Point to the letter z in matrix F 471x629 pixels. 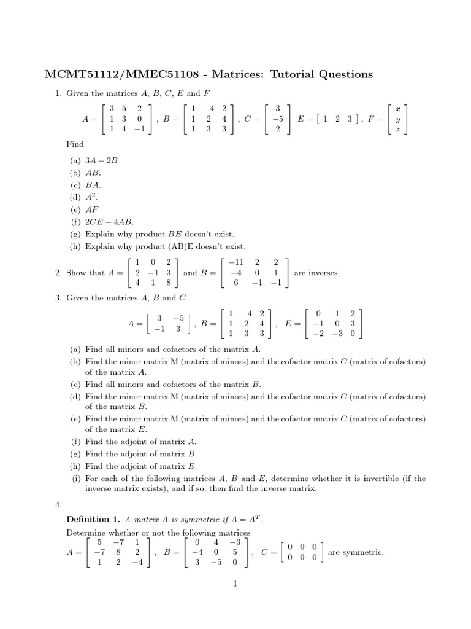398,130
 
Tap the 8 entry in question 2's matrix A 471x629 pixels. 169,284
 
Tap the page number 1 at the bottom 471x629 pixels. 235,584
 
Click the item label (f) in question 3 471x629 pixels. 75,441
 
